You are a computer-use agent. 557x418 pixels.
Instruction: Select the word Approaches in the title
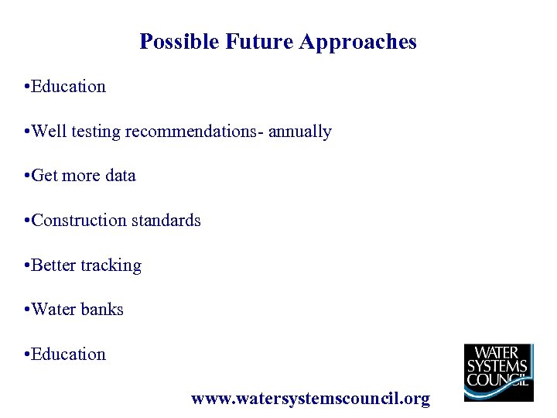point(357,42)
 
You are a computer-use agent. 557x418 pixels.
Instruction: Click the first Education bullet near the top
point(68,87)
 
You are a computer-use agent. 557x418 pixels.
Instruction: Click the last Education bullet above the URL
point(68,355)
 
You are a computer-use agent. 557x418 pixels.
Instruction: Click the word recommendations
point(194,132)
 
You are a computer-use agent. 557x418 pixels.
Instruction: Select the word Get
point(45,176)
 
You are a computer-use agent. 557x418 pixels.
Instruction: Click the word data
point(120,176)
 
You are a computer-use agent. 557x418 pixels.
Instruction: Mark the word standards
point(166,221)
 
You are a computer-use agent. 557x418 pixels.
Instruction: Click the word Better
point(53,266)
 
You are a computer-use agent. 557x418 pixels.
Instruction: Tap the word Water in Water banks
point(53,310)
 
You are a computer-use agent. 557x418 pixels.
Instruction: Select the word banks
point(102,310)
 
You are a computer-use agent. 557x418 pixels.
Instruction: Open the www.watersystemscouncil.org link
point(310,399)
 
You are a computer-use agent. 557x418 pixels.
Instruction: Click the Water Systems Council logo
point(498,372)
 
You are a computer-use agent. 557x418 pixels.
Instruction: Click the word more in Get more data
point(82,176)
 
